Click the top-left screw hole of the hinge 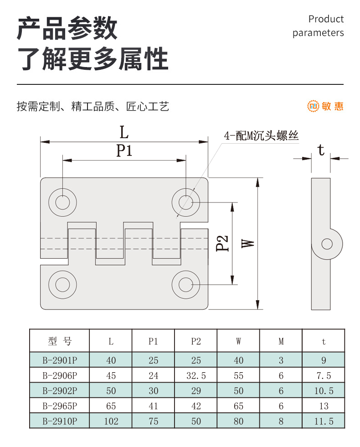pos(63,203)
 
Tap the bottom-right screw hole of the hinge pos(186,285)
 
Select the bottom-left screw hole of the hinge pos(63,285)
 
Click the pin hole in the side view pos(327,244)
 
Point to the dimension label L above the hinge pos(124,132)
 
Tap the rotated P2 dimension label pos(222,243)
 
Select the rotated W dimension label pos(248,243)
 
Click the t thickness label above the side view pos(321,150)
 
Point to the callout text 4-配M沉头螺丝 pos(261,136)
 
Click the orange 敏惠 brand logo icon pos(313,106)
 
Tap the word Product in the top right pos(326,19)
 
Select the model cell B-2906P pos(60,375)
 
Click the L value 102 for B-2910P pos(111,421)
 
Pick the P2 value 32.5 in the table pos(196,375)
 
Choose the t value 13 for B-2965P pos(324,406)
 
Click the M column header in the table pos(281,341)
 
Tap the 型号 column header pos(60,341)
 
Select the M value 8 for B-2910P pos(281,421)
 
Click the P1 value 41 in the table pos(153,406)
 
